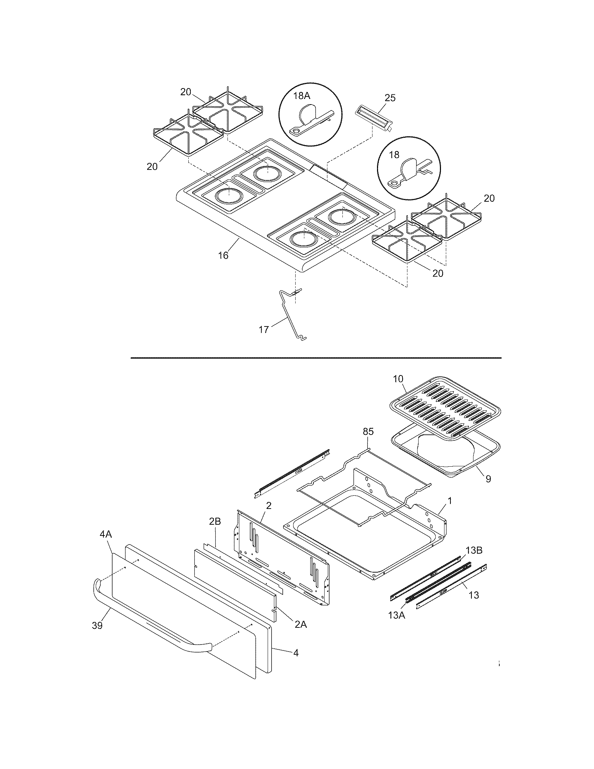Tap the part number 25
tap(390, 98)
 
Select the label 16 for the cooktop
tap(223, 256)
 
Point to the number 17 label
tap(264, 330)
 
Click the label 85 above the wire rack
tap(368, 432)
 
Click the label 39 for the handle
tap(97, 626)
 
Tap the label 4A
tap(106, 534)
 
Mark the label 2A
tap(300, 625)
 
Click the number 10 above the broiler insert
tap(398, 379)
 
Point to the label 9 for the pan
tap(488, 479)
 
